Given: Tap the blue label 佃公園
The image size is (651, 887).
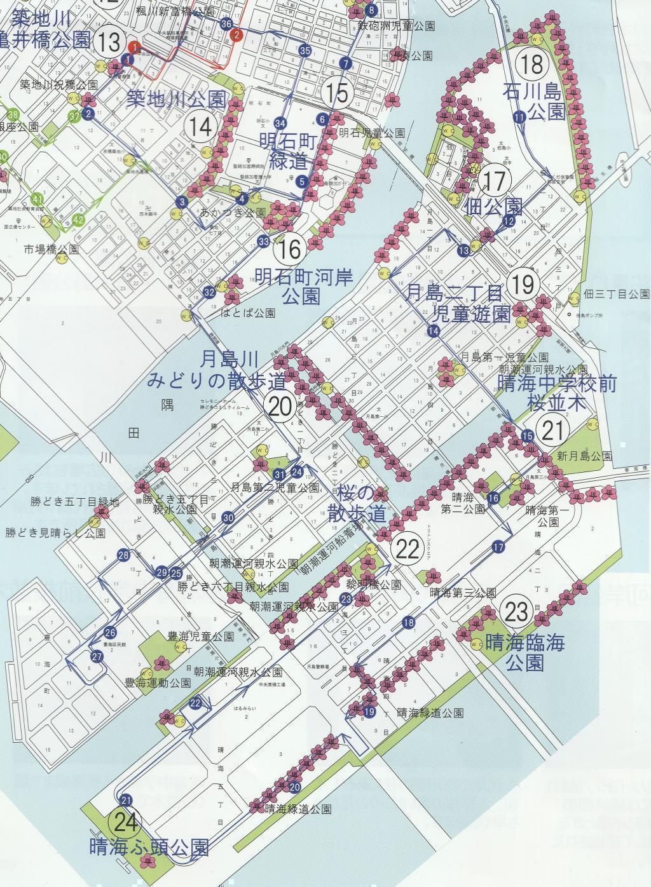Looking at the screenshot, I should pos(495,207).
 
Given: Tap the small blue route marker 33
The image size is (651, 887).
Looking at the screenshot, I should pos(264,241).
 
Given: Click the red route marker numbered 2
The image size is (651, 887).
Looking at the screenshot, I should pos(236,34).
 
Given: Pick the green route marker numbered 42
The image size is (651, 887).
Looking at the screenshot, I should pos(78,220).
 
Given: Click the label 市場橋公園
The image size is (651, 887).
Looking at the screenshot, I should pos(51,250).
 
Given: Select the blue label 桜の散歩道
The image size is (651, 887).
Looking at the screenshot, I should pos(357,506).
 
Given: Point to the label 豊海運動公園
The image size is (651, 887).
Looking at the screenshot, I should pos(158,683).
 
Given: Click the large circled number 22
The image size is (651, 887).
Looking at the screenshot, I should pos(408,550).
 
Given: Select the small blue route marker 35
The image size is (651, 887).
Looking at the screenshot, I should pos(305,51).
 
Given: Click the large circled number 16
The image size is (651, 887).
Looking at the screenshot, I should pos(290,249).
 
